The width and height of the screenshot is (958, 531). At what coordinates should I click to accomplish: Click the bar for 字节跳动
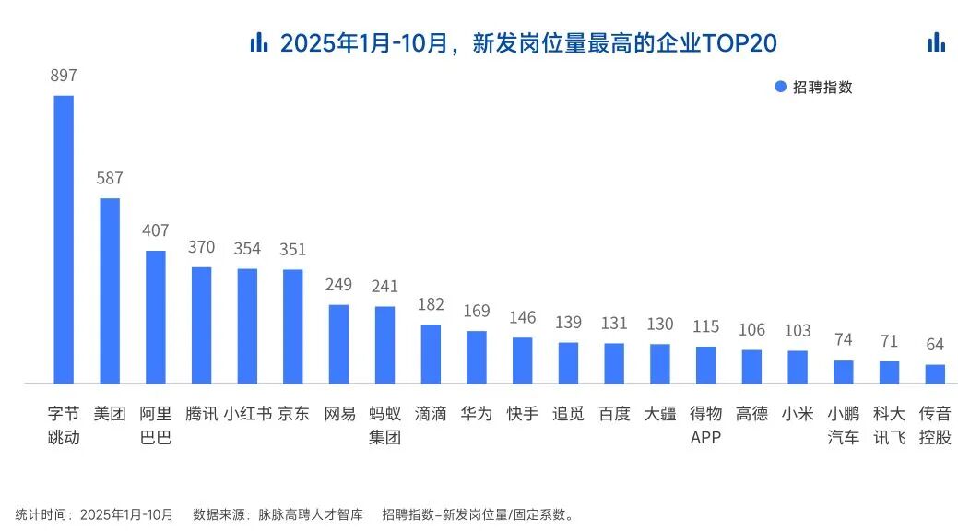pos(64,239)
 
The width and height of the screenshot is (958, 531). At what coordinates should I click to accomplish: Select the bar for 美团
pos(110,290)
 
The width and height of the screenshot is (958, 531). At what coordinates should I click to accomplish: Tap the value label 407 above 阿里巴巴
pos(156,230)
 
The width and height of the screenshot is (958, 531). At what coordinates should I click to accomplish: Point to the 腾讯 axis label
pos(201,414)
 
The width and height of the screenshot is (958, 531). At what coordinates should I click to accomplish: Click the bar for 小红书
pos(247,325)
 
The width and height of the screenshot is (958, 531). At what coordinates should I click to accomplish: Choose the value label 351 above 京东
pos(293,250)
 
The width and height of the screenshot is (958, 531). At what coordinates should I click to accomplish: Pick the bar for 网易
pos(339,343)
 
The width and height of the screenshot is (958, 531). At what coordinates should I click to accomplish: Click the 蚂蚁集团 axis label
pos(384,425)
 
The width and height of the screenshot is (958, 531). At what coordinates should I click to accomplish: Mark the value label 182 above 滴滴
pos(431,304)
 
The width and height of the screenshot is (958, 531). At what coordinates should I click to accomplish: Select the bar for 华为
pos(477,357)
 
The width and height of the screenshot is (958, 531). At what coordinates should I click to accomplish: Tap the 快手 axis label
pos(522,414)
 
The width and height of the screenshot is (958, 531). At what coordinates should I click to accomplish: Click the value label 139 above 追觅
pos(568,323)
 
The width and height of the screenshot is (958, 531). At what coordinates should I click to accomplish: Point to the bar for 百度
pos(614,363)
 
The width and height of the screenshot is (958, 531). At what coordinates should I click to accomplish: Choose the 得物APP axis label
pos(705,425)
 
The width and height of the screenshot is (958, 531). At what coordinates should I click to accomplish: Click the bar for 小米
pos(798,367)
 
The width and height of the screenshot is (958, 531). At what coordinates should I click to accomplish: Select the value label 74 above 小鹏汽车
pos(843,340)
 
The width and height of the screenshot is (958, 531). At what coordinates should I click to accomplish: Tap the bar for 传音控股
pos(935,373)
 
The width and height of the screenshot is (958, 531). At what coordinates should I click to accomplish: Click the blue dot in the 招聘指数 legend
pos(780,87)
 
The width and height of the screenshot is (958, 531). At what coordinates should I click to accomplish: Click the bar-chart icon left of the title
pos(259,42)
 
